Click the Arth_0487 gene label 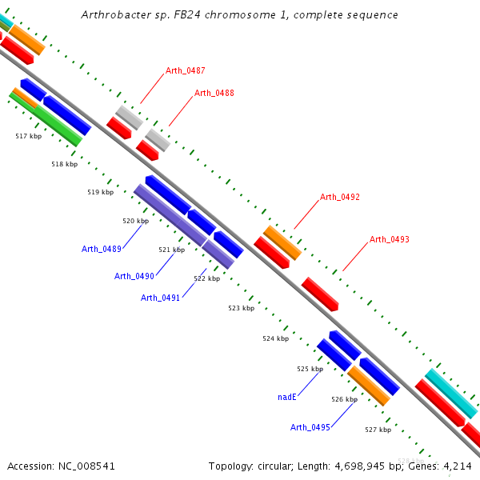(x=186, y=70)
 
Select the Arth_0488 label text (x=214, y=93)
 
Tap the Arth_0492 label (x=339, y=197)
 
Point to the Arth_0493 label (x=389, y=239)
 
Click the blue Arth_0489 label (x=102, y=249)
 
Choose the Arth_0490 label (x=134, y=276)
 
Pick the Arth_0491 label (x=160, y=298)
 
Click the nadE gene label (x=287, y=397)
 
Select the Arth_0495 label (x=310, y=427)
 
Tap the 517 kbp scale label (x=29, y=136)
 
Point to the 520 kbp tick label (x=136, y=221)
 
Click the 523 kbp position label (x=242, y=308)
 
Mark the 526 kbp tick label (x=344, y=399)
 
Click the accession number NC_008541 (x=86, y=466)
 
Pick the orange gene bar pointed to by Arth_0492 (x=282, y=242)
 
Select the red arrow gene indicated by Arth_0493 (x=320, y=294)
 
